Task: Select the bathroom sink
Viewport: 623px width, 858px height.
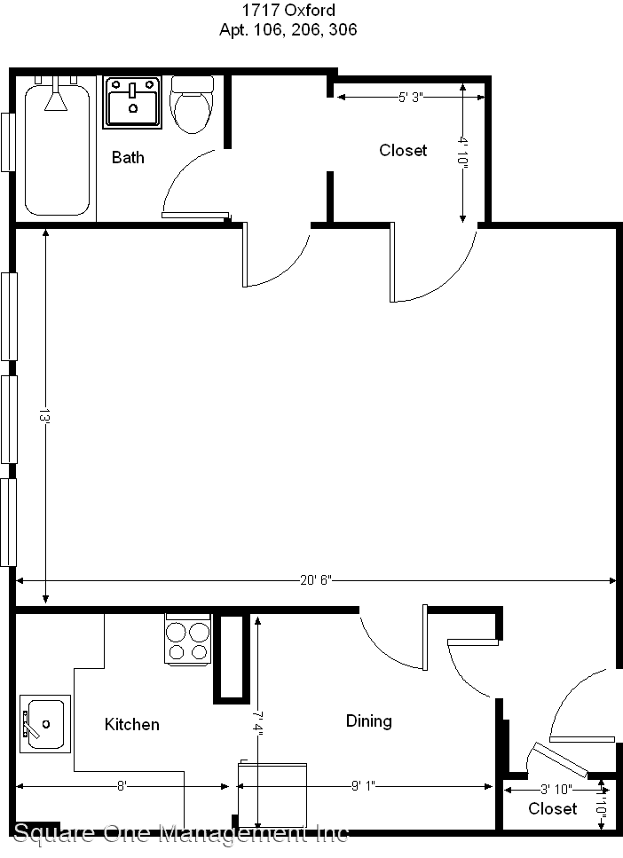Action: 133,102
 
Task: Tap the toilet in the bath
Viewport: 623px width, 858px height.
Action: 192,105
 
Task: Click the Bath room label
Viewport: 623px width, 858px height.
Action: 128,158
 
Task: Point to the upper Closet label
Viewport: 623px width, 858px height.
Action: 403,151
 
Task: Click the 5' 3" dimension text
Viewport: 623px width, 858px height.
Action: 409,98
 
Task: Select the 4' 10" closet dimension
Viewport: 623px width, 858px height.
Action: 462,151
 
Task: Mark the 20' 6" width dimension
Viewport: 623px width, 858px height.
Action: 315,581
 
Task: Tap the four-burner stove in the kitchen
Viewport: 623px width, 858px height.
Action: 188,640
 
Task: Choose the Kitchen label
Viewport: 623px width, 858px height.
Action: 132,725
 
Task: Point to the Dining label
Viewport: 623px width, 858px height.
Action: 368,721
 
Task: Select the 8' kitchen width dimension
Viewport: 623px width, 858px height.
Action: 122,786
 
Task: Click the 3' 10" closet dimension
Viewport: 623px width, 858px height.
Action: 556,788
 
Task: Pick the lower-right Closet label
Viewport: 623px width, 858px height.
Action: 552,808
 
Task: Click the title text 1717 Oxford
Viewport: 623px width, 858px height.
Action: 288,12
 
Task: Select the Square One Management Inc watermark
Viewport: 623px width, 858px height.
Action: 181,833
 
